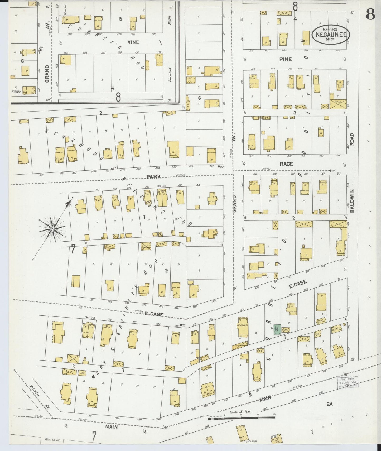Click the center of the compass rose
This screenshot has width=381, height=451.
tap(53, 228)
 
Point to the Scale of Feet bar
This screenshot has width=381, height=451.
tap(241, 418)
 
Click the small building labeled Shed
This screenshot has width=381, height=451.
tap(82, 373)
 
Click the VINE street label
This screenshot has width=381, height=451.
tap(133, 42)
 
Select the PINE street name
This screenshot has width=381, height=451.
tap(286, 59)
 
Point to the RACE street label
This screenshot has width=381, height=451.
tap(286, 164)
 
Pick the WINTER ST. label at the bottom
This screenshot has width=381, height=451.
tap(52, 439)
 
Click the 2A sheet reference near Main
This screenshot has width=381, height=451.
tap(330, 403)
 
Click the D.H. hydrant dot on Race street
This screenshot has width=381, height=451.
tap(331, 171)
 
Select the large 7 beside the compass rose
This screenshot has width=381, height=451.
tap(73, 249)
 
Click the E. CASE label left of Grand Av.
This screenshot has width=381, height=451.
tap(154, 314)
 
